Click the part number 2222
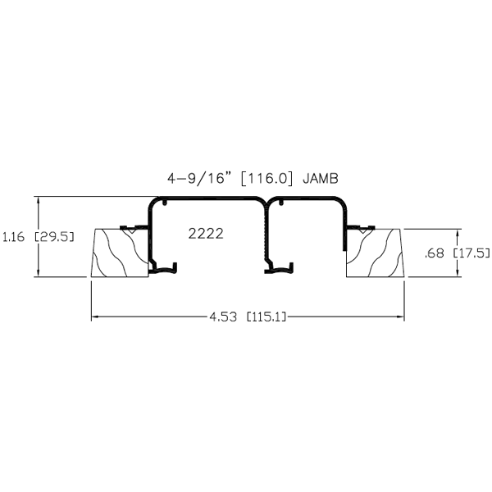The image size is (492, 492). point(206,234)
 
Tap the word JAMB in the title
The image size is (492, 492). point(321,179)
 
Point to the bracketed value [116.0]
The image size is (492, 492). point(268,179)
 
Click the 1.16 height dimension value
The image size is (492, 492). point(13,237)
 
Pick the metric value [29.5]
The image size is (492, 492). point(54,237)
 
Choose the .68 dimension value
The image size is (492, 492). point(435,253)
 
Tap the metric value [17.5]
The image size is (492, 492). point(471,253)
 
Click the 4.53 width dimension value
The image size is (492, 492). point(223,317)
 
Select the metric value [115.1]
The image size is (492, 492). point(266,317)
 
